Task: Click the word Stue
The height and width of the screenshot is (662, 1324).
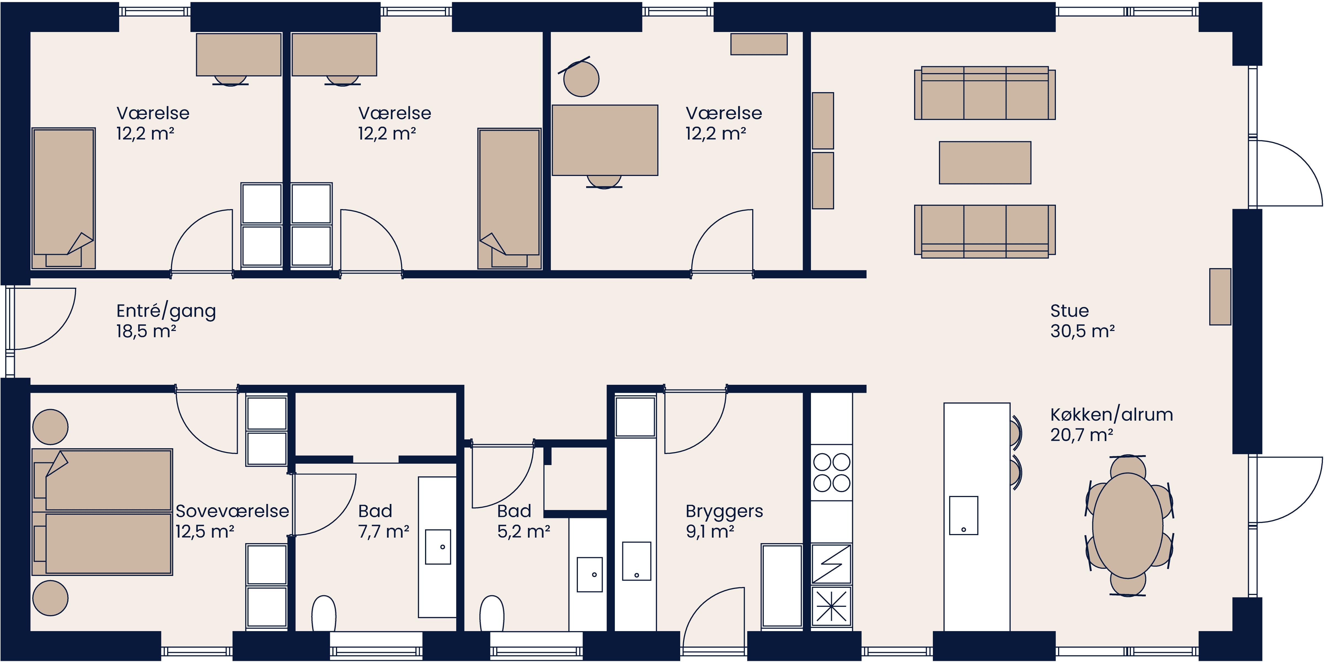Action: pyautogui.click(x=1069, y=311)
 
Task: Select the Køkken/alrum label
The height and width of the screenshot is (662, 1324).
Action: pyautogui.click(x=1111, y=415)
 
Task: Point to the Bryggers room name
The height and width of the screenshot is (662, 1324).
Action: pyautogui.click(x=724, y=511)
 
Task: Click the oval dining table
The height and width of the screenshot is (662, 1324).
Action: pyautogui.click(x=1128, y=525)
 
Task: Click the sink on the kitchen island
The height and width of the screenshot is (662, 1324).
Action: pyautogui.click(x=963, y=516)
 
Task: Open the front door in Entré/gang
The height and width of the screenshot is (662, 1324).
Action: pyautogui.click(x=41, y=319)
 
